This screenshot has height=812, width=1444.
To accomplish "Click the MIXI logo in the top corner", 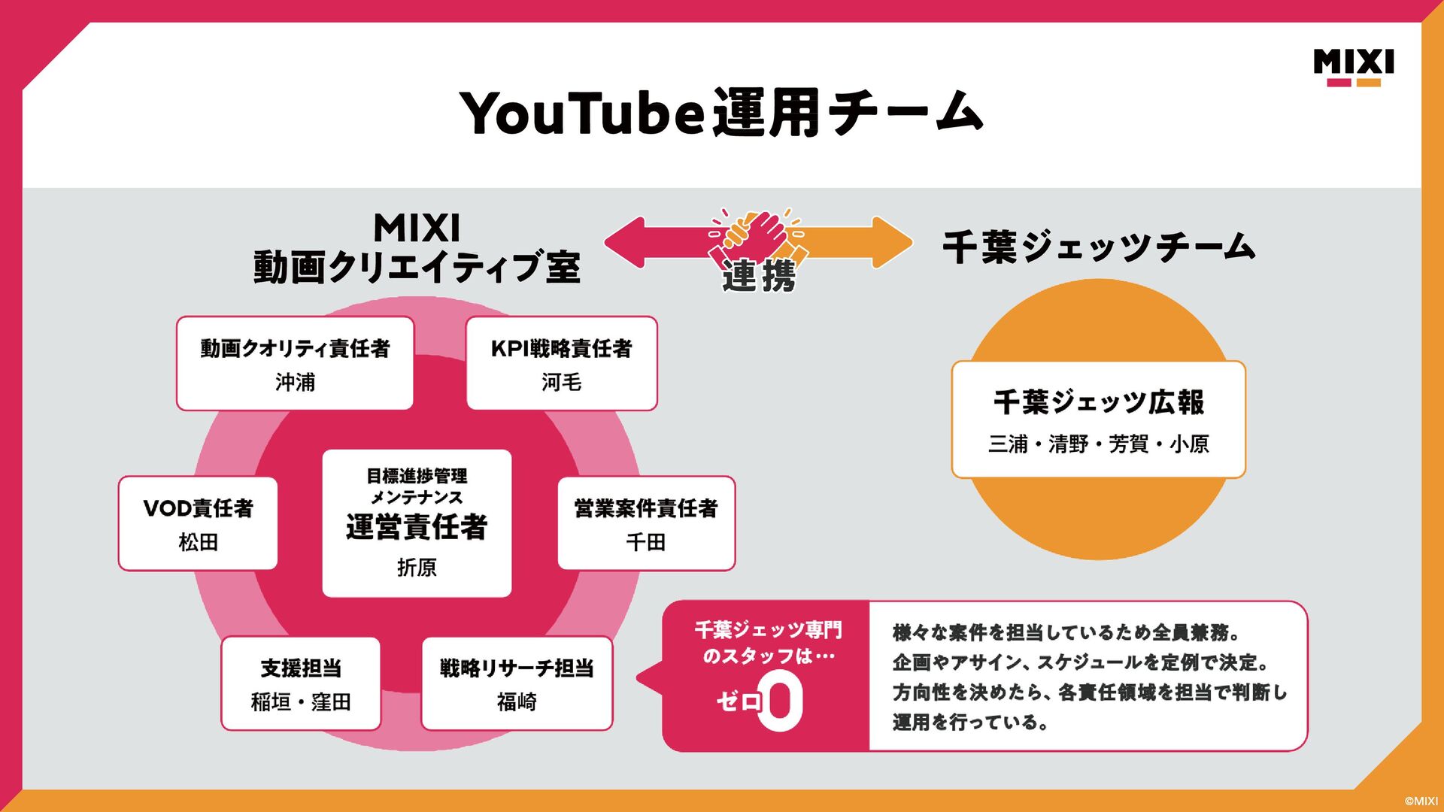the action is click(1353, 67).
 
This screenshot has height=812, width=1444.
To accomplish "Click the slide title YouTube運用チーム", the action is click(720, 113).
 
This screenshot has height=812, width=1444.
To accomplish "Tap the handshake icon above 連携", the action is click(757, 235).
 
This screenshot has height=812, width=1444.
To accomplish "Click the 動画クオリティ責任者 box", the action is click(295, 363).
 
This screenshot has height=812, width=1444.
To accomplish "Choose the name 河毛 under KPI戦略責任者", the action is click(561, 383).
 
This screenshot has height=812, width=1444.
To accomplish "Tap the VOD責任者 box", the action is click(198, 523).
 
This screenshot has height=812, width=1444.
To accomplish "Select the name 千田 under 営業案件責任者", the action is click(645, 542).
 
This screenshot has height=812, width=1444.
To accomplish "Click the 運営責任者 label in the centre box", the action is click(417, 527).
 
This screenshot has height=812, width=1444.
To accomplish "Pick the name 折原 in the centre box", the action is click(417, 568).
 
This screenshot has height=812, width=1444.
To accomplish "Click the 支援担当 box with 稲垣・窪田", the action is click(301, 683).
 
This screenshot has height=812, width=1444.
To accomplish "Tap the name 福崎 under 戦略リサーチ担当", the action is click(517, 702).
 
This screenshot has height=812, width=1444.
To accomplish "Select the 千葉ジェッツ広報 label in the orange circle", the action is click(1098, 402).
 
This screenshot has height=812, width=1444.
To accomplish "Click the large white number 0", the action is click(781, 701).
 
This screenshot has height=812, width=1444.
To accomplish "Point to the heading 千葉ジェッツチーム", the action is click(1099, 247).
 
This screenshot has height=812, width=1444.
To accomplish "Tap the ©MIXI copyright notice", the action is click(1420, 801).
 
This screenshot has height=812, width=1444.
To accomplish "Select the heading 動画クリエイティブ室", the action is click(417, 268).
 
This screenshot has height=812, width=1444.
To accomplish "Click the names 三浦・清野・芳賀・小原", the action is click(1098, 444).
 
